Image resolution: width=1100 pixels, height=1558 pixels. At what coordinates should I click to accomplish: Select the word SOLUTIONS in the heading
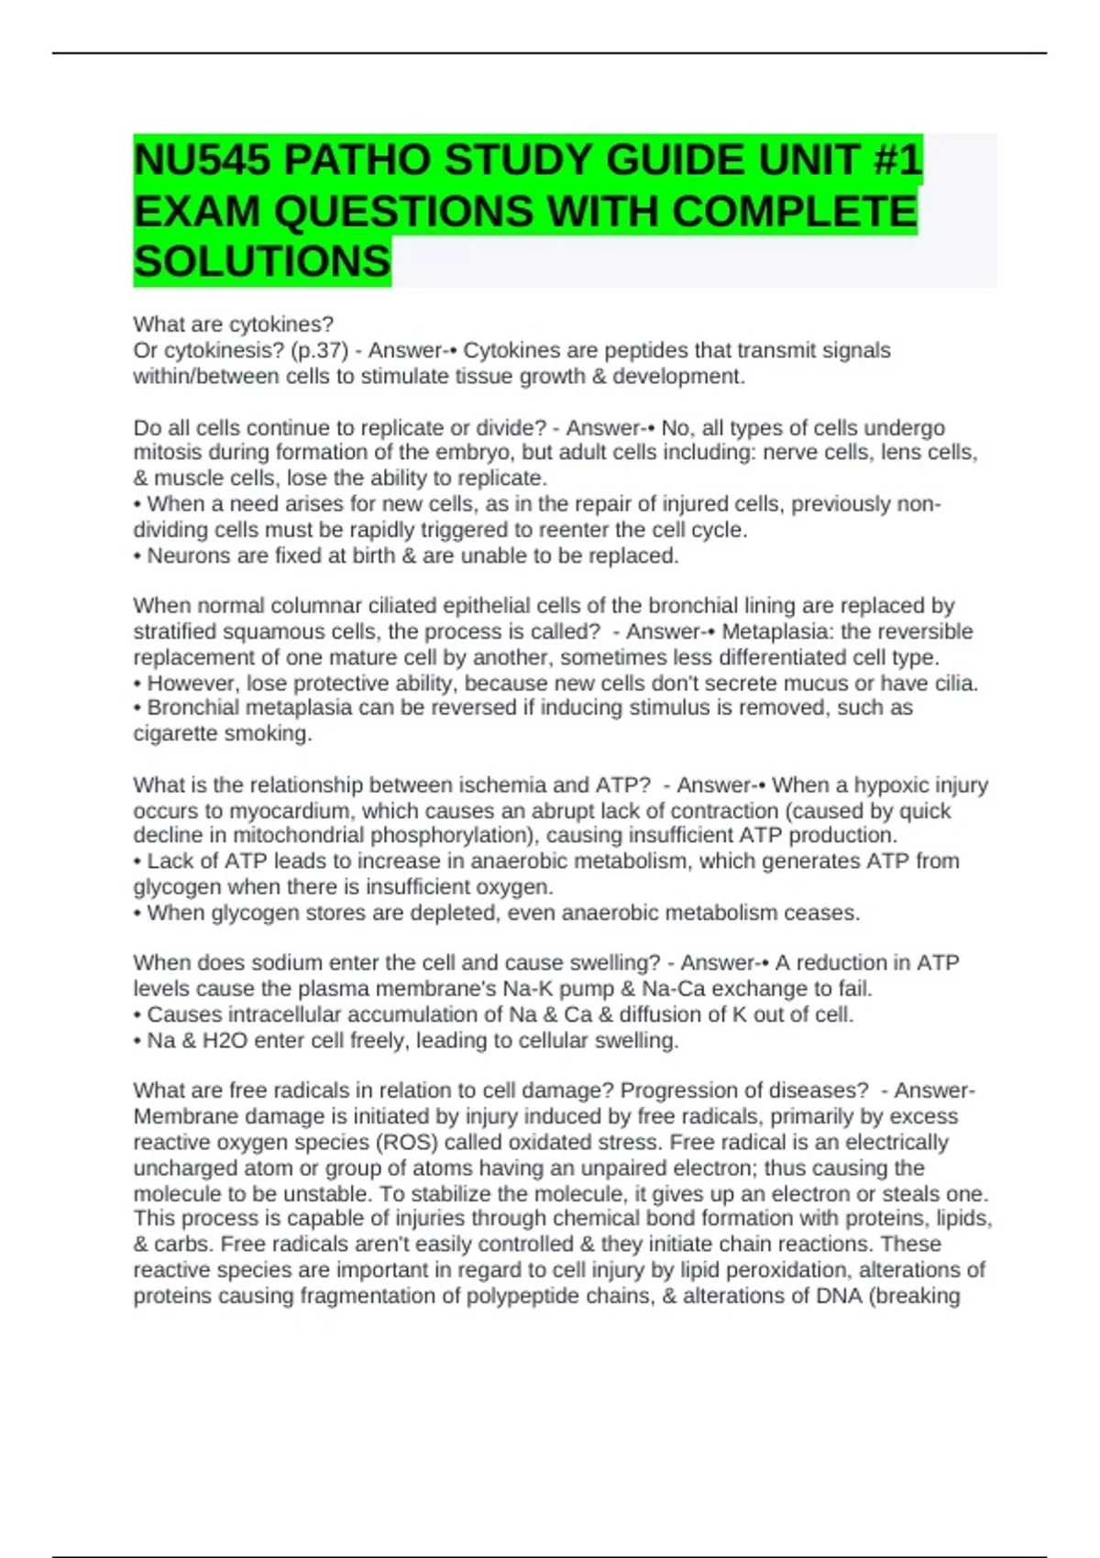[x=262, y=262]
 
